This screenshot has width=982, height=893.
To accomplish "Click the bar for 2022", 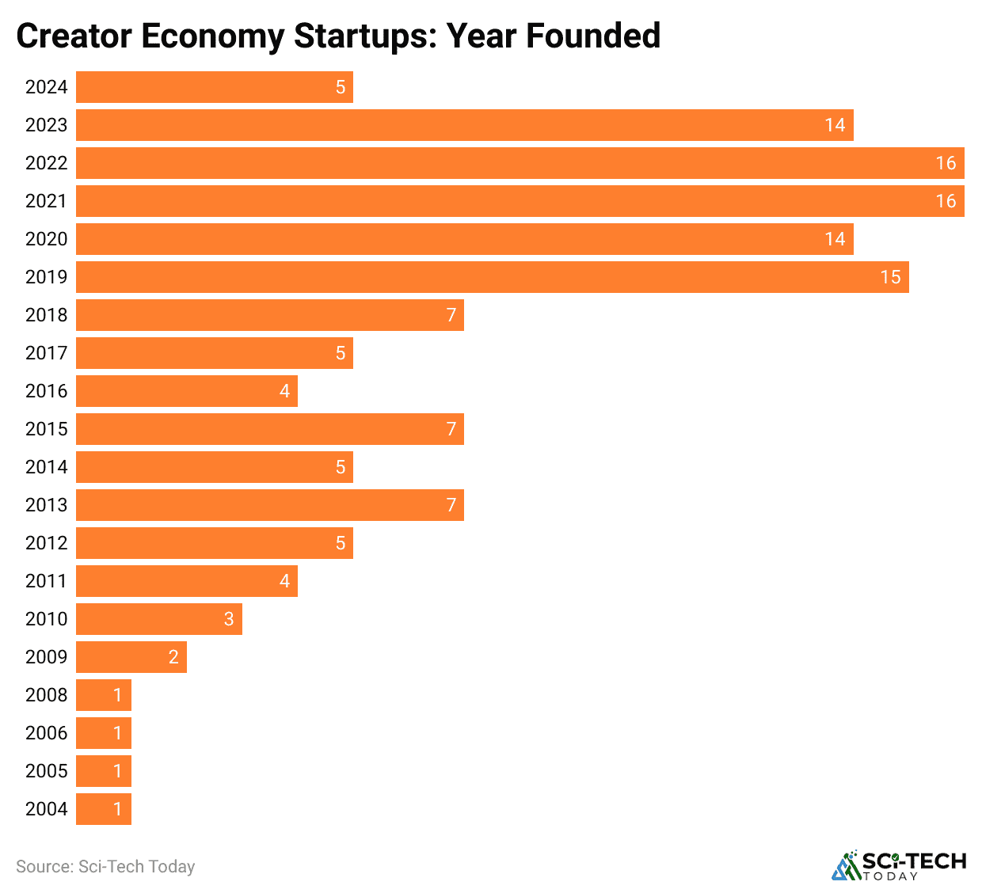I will [520, 163].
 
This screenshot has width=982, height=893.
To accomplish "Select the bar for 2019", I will [492, 277].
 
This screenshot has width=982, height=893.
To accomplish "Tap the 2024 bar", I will [214, 87].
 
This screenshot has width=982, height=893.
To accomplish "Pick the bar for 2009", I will [131, 657].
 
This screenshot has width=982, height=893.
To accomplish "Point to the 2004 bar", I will [103, 809].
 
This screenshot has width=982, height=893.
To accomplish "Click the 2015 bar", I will [269, 429].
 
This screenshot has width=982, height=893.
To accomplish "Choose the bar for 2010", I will [158, 619].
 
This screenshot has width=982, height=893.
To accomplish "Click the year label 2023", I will [46, 125].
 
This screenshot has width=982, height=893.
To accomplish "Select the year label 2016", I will [46, 391].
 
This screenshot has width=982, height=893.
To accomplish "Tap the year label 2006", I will [46, 733].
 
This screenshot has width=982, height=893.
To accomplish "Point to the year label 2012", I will [46, 543].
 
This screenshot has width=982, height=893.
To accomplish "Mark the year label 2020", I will [46, 239].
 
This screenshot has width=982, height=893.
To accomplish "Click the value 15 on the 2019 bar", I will [890, 277].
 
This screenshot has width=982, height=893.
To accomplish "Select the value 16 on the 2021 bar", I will [946, 201].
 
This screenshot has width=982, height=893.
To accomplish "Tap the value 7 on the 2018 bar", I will [451, 315].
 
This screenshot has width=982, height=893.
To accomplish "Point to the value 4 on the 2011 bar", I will [284, 581].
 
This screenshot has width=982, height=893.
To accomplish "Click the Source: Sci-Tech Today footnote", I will [105, 867].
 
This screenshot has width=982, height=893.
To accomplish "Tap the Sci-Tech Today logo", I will [899, 865].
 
